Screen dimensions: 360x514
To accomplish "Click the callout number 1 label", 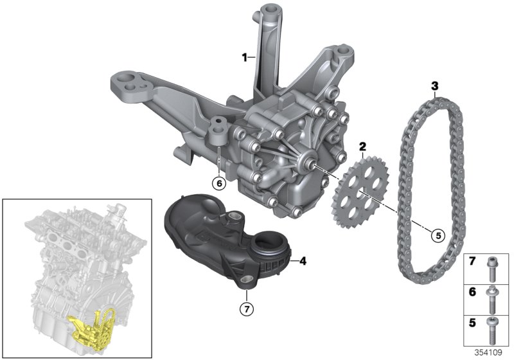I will click(244, 58).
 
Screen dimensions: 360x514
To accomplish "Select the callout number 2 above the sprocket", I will click(362, 147).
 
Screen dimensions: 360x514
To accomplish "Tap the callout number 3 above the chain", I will click(435, 85).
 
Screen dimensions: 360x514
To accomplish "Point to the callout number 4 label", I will click(303, 261).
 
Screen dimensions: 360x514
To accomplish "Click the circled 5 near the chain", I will click(438, 235).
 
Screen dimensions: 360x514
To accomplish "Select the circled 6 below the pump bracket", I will click(219, 183).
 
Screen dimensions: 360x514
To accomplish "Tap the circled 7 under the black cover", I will click(245, 309).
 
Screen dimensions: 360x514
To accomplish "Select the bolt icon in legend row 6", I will click(492, 296).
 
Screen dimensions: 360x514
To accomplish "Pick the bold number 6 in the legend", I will click(473, 291).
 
